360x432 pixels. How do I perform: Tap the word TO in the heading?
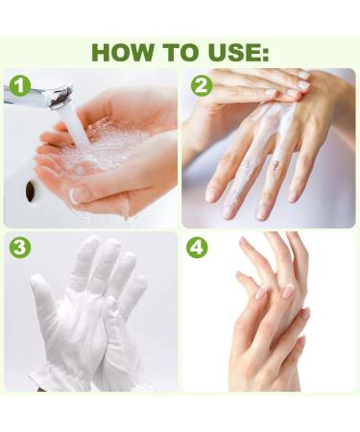click(x=180, y=52)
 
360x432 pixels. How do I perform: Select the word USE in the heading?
click(x=232, y=52)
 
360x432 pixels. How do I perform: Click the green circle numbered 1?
click(x=20, y=86)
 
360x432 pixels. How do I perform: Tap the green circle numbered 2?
click(x=202, y=84)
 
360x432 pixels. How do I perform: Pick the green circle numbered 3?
click(x=20, y=248)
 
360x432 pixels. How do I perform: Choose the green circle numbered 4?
click(x=197, y=248)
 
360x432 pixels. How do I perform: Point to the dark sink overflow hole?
click(x=30, y=191)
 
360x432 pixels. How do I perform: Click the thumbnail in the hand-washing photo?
click(x=76, y=196)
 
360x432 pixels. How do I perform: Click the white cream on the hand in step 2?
click(x=272, y=128)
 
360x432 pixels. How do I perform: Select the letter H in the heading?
click(x=102, y=52)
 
